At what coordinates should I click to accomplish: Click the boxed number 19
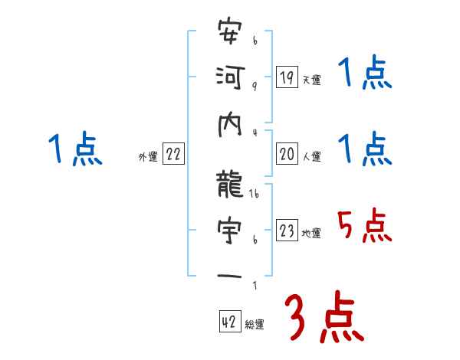pyautogui.click(x=287, y=77)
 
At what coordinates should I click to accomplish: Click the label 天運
pyautogui.click(x=310, y=80)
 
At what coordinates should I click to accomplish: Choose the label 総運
pyautogui.click(x=254, y=325)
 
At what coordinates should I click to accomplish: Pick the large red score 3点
pyautogui.click(x=324, y=316)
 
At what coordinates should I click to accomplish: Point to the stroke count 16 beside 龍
pyautogui.click(x=255, y=197)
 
